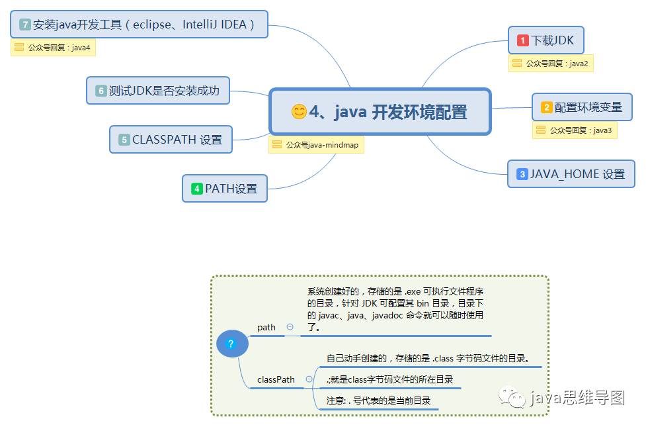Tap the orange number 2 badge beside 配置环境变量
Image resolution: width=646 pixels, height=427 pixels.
[x=547, y=107]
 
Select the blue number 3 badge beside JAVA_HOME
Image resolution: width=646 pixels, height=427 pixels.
[x=522, y=174]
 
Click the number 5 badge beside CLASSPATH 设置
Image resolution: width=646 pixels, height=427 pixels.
[x=124, y=140]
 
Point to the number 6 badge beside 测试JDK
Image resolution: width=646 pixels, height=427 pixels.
[x=101, y=91]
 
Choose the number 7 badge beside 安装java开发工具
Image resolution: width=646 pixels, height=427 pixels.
[x=26, y=24]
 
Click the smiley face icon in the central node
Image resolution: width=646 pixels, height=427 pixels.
[x=299, y=112]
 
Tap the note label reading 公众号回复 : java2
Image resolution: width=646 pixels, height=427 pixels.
[x=551, y=64]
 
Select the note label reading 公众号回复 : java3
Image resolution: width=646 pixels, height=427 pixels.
[x=575, y=130]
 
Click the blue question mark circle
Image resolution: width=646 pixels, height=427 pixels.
[x=231, y=344]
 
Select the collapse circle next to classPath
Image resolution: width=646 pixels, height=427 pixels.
[x=309, y=379]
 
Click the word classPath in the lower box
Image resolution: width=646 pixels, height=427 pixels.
[x=276, y=379]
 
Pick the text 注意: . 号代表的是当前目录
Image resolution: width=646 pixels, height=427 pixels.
[x=378, y=401]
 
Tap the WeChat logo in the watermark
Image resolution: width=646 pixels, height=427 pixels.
[x=513, y=397]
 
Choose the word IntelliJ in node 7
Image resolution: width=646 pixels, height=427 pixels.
[x=189, y=24]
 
